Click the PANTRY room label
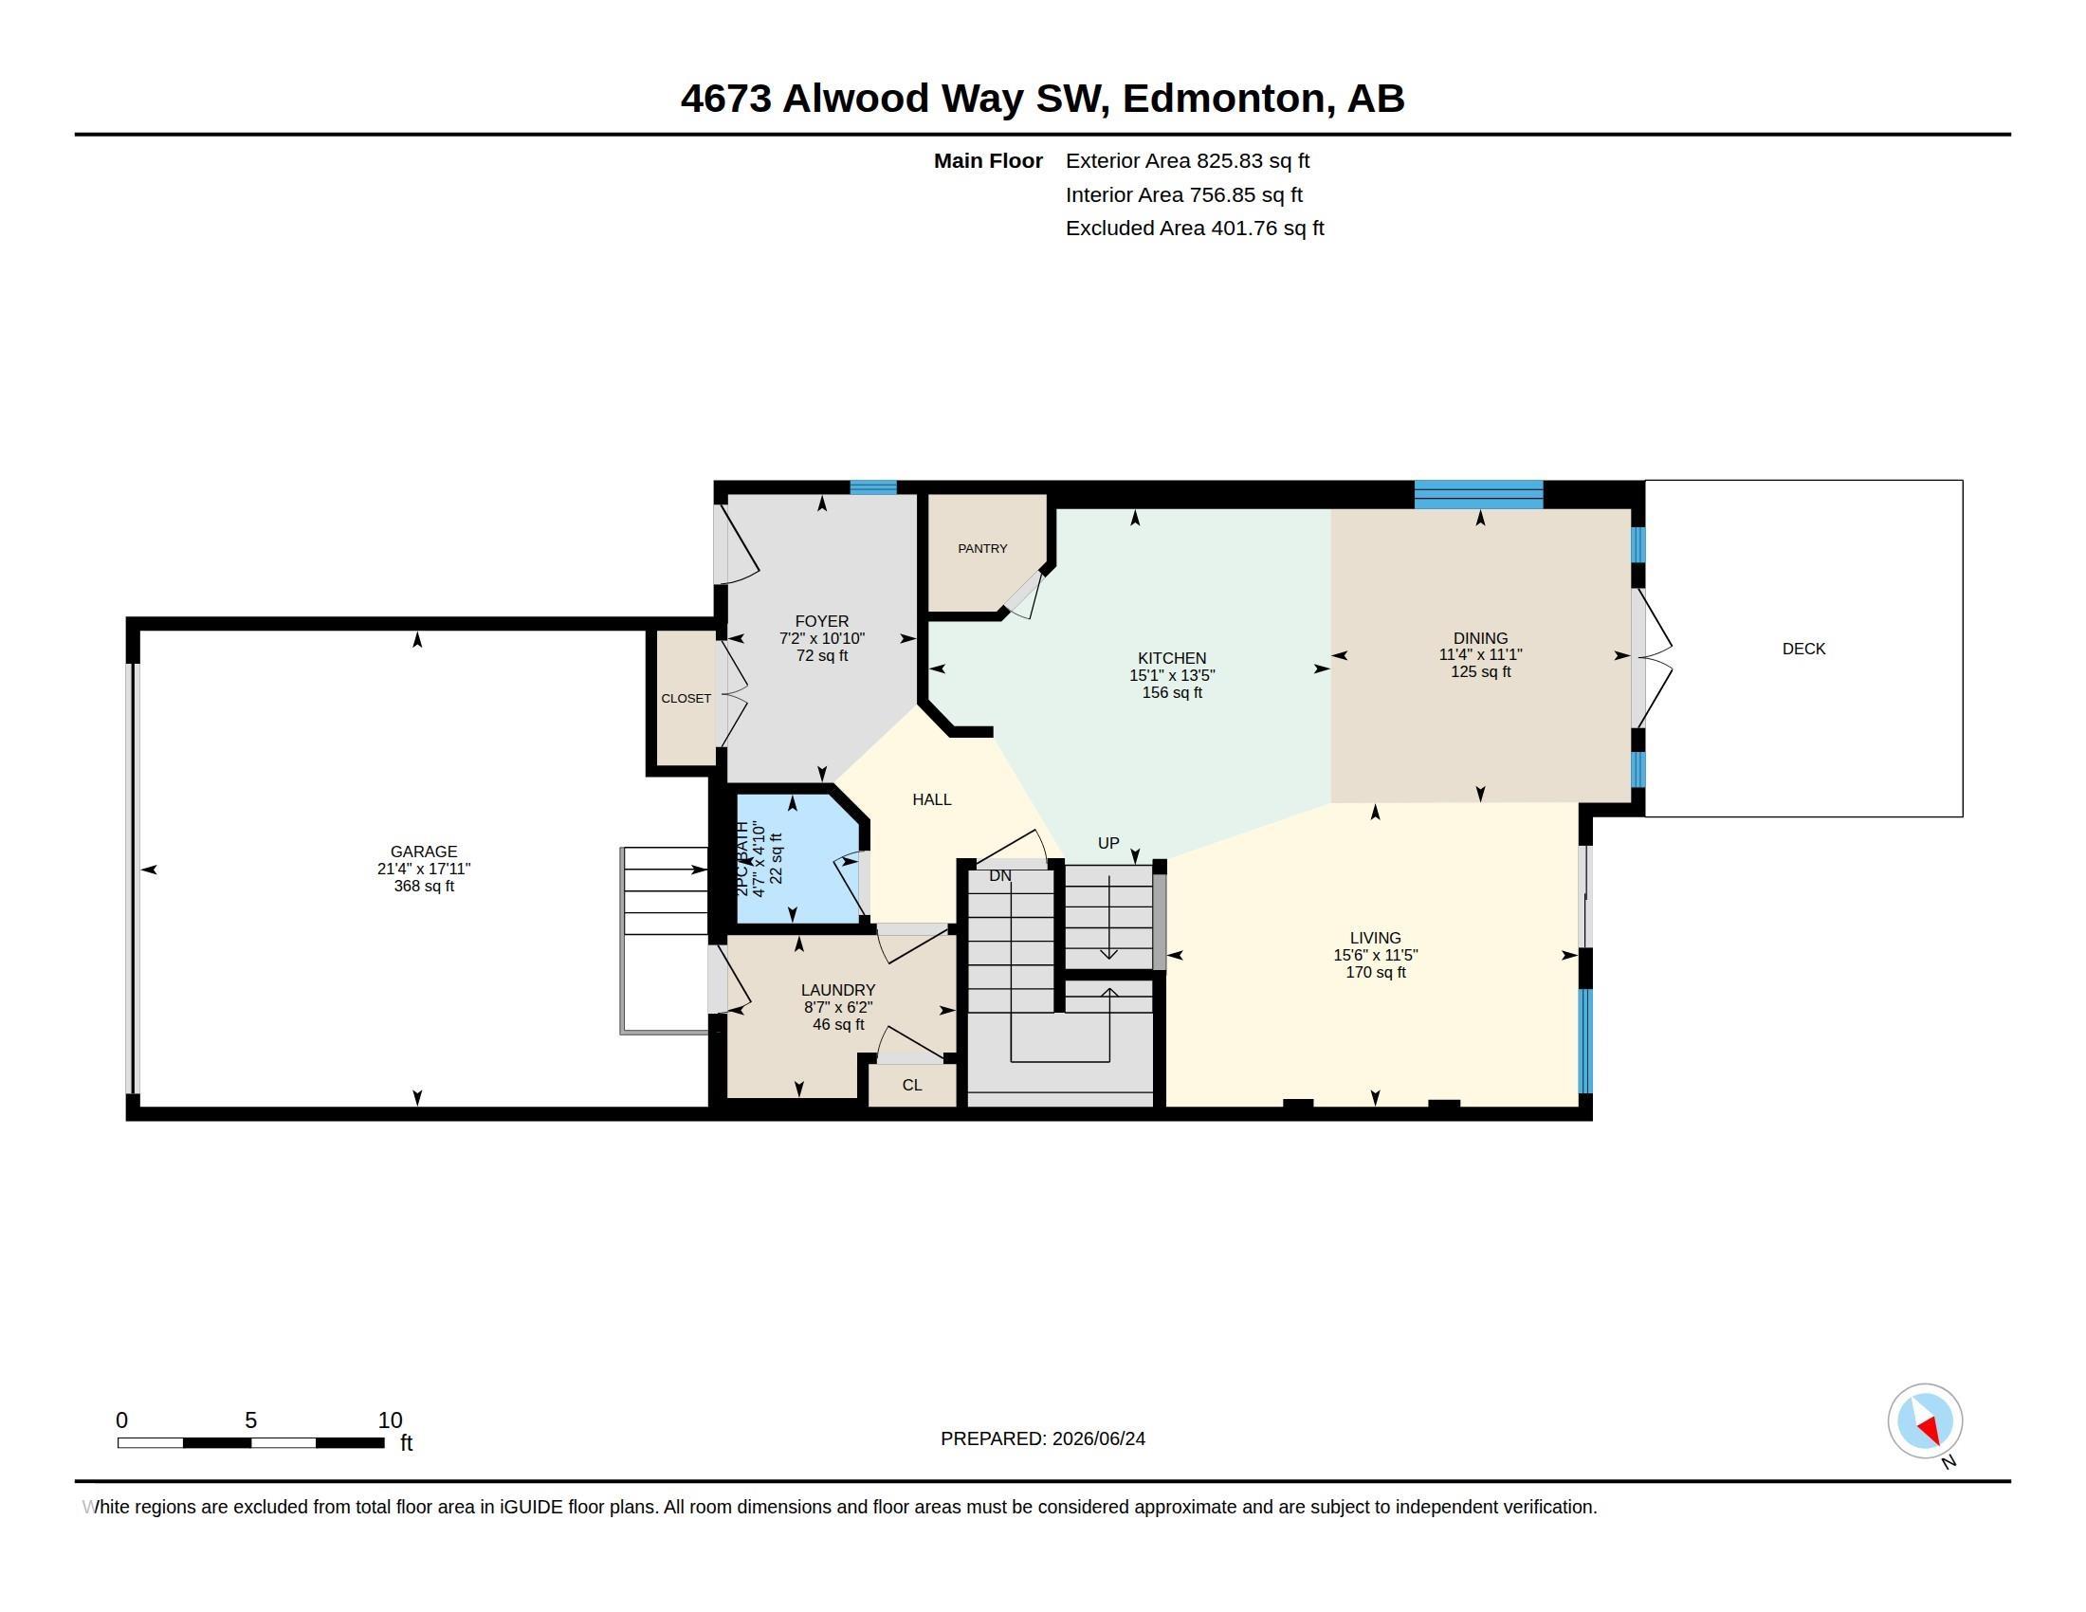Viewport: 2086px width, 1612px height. tap(982, 548)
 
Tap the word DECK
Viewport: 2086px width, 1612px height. tap(1803, 649)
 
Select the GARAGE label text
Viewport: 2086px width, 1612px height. tap(423, 851)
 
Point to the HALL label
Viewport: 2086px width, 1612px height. tap(931, 799)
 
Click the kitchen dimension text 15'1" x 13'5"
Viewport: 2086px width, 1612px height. tap(1172, 675)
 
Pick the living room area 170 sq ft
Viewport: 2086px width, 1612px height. tap(1376, 972)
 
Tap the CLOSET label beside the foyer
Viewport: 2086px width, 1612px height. tap(686, 698)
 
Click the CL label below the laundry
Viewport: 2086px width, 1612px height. tap(912, 1085)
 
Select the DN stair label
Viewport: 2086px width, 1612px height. tap(1000, 876)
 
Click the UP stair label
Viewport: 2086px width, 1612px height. tap(1107, 842)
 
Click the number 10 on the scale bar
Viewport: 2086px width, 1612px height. tap(390, 1420)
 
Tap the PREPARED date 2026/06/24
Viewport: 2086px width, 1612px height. tap(1098, 1438)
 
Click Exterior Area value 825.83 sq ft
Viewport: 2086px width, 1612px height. tap(1253, 160)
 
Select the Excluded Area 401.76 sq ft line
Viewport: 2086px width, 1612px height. tap(1195, 229)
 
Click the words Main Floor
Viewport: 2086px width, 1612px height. tap(988, 160)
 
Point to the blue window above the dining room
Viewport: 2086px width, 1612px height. tap(1478, 494)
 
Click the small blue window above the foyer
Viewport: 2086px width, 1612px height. tap(873, 487)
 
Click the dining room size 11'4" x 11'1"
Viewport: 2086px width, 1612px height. tap(1480, 655)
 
